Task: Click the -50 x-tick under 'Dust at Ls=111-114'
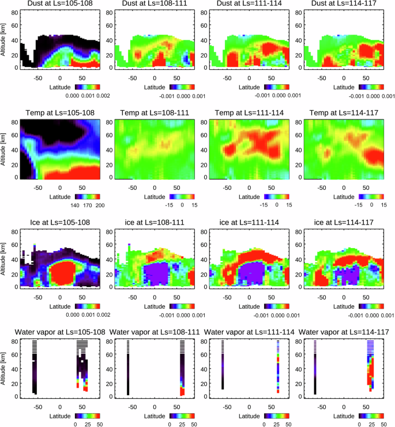click(227, 76)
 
